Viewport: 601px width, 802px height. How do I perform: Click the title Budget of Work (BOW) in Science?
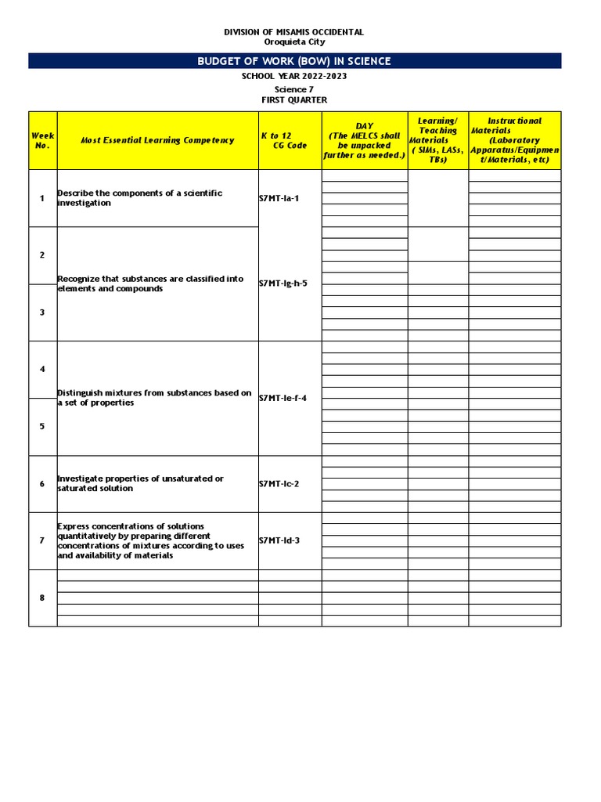[x=294, y=61]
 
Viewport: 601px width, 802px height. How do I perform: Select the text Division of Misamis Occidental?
[x=294, y=32]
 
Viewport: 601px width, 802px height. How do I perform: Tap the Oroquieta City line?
[x=294, y=42]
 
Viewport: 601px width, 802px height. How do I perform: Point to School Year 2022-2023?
[x=294, y=76]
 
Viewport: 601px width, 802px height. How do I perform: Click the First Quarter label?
[x=294, y=100]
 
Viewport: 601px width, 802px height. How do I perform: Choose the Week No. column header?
[x=42, y=140]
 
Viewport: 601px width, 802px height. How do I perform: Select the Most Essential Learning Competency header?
[x=157, y=140]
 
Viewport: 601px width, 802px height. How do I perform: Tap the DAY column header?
[x=365, y=140]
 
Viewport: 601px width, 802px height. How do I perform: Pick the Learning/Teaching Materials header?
[x=437, y=140]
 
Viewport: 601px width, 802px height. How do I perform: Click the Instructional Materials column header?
[x=514, y=140]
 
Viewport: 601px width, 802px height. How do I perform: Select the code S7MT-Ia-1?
[x=279, y=198]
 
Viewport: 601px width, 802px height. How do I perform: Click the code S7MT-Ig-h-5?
[x=283, y=284]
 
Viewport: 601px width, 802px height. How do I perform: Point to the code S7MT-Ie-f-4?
[x=283, y=398]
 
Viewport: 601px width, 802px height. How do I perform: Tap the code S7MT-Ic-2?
[x=279, y=483]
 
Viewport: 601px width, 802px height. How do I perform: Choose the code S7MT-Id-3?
[x=279, y=540]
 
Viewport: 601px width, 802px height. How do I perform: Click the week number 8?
[x=42, y=598]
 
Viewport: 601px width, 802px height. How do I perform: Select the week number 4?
[x=42, y=369]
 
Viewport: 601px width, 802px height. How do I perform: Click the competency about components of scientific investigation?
[x=139, y=198]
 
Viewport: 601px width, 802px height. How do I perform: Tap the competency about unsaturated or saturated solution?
[x=140, y=483]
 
